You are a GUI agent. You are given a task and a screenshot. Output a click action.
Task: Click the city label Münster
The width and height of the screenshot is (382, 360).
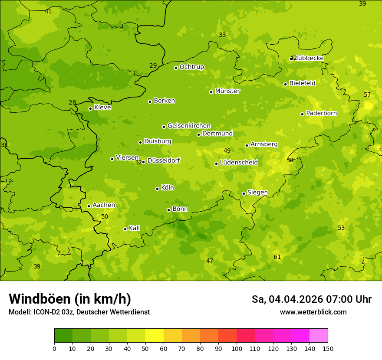point(227,91)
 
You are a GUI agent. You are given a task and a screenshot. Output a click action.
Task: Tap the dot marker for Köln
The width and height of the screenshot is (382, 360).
point(157,189)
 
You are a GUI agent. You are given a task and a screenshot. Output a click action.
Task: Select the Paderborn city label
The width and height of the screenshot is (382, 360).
point(321,113)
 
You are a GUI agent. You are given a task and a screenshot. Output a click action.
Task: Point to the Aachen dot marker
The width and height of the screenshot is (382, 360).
point(89,206)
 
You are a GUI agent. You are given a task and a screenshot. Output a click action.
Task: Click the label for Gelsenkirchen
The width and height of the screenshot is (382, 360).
point(189,126)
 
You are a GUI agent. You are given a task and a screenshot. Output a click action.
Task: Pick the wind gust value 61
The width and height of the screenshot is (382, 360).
point(277,257)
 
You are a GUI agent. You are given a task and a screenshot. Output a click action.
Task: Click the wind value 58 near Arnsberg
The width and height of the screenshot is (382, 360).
point(290,160)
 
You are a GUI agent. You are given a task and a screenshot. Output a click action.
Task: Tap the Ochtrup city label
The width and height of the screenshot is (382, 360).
point(191,67)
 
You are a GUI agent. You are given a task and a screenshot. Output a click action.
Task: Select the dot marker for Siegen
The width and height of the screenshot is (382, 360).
point(244,193)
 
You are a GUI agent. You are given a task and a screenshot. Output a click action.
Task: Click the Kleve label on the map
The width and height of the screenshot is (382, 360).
point(102,108)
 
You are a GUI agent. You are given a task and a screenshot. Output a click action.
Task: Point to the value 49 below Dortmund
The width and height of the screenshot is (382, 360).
point(227,151)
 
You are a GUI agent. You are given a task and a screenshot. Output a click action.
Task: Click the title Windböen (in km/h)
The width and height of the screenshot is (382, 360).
point(70,299)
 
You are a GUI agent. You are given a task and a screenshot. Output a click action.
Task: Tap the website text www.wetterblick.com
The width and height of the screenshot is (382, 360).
point(313,312)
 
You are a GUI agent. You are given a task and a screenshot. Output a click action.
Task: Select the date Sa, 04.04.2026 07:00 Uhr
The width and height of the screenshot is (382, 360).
point(311,299)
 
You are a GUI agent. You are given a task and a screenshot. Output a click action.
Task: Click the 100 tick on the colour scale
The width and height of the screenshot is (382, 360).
point(237,348)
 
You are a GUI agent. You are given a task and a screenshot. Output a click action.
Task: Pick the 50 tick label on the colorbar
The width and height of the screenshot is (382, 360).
point(145,348)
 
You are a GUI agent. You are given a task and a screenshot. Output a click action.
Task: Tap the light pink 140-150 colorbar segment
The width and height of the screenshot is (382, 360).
point(319,336)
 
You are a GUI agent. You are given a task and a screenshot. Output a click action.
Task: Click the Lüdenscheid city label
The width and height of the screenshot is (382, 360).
point(239,163)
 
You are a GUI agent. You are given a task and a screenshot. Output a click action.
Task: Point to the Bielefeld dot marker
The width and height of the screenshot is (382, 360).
point(285,84)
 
